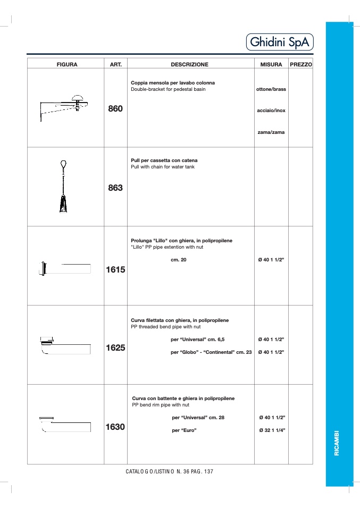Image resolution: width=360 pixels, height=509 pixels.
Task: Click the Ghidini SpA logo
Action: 280,43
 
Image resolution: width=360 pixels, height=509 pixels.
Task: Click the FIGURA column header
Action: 67,64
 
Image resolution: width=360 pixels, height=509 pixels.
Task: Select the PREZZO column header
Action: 301,64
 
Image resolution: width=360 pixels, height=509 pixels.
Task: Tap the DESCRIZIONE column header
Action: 189,64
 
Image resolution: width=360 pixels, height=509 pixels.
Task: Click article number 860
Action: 115,109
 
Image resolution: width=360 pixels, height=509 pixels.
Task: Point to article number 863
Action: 115,188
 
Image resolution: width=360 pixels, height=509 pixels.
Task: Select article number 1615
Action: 115,269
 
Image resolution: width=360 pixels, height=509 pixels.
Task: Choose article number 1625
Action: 115,348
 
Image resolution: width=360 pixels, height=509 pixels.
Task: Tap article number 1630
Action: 115,427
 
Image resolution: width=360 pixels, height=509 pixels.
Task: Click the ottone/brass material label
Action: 271,89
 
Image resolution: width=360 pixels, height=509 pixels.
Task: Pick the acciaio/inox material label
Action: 271,111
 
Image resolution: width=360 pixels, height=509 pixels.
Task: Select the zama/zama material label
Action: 271,132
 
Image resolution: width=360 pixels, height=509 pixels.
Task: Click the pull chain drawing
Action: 63,187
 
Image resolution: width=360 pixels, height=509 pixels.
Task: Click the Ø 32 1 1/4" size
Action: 272,430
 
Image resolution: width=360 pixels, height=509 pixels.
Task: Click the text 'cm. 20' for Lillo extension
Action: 179,260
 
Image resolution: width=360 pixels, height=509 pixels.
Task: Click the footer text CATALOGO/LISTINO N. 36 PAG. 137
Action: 170,472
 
